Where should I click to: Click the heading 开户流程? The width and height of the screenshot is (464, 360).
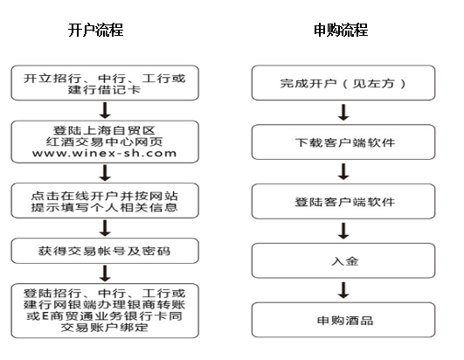pos(95,31)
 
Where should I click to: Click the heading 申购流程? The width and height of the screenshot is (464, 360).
pos(341,31)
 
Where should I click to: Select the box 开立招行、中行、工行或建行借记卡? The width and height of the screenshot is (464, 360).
pos(105,83)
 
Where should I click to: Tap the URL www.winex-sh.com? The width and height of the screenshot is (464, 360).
pos(105,154)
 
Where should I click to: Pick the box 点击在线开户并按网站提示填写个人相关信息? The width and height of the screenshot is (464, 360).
pos(105,201)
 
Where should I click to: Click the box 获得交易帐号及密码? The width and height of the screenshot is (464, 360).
pos(105,251)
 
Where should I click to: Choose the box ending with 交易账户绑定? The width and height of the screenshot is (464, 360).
pos(105,310)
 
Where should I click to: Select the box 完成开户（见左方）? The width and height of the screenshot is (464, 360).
pos(343,83)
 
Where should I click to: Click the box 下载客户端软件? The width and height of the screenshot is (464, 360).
pos(343,142)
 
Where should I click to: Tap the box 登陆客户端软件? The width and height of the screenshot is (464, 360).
pos(343,202)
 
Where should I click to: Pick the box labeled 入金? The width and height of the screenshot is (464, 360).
pos(343,261)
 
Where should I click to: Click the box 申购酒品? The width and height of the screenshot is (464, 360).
pos(343,320)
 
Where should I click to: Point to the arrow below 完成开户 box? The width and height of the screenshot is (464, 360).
pos(343,113)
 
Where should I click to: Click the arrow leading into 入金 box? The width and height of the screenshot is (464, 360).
pos(343,231)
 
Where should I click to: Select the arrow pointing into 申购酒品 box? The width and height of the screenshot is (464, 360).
pos(343,290)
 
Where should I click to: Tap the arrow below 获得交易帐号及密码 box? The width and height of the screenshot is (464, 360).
pos(105,273)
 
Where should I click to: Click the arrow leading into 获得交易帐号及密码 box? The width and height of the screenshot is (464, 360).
pos(105,228)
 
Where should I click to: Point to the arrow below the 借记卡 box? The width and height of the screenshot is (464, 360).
pos(105,111)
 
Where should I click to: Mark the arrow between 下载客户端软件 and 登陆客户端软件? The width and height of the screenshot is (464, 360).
pos(343,172)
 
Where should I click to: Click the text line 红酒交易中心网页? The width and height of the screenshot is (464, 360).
pos(105,142)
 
